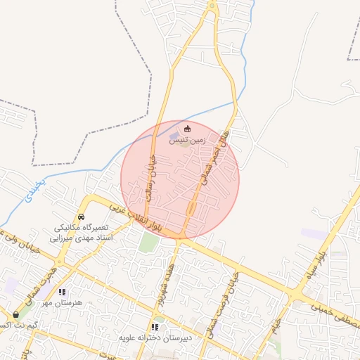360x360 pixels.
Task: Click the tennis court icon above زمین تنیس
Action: click(x=187, y=129)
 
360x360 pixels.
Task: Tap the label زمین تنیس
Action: click(x=187, y=141)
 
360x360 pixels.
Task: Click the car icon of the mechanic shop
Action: click(x=82, y=217)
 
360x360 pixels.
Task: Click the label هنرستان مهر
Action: click(x=62, y=302)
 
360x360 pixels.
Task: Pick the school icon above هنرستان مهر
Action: click(x=62, y=292)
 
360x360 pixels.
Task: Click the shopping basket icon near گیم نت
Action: click(x=16, y=314)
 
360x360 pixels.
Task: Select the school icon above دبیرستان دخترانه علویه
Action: click(x=155, y=327)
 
